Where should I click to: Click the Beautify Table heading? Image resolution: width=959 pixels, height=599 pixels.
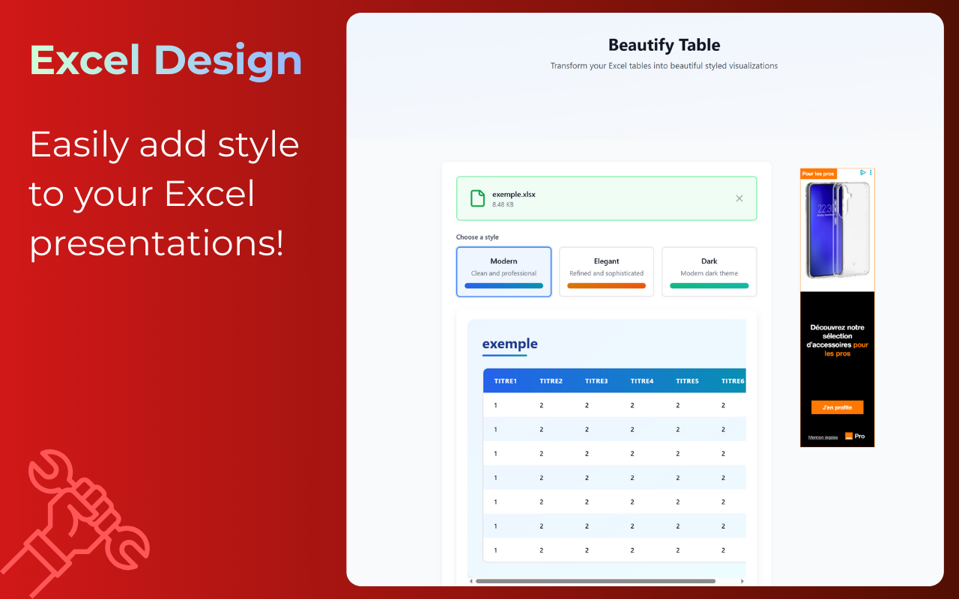pyautogui.click(x=664, y=45)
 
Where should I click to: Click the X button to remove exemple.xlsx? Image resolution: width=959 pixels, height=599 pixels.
pyautogui.click(x=739, y=198)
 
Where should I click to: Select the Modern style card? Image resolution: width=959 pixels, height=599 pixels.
pyautogui.click(x=503, y=272)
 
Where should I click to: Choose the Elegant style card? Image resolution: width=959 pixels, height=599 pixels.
pyautogui.click(x=606, y=272)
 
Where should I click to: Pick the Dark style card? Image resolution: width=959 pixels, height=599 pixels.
pyautogui.click(x=709, y=272)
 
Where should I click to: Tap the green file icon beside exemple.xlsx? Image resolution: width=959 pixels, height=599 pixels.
pyautogui.click(x=477, y=198)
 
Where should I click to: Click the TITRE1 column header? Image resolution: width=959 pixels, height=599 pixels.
pyautogui.click(x=505, y=381)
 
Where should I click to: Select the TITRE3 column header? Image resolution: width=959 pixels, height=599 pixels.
pyautogui.click(x=596, y=381)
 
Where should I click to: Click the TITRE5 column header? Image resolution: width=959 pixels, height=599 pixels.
pyautogui.click(x=687, y=381)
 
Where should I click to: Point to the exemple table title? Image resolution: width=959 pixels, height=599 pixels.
pyautogui.click(x=509, y=344)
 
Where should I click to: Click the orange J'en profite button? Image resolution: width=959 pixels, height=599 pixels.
pyautogui.click(x=837, y=407)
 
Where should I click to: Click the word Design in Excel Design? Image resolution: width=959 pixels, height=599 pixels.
pyautogui.click(x=228, y=61)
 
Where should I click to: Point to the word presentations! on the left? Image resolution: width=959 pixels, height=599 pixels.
pyautogui.click(x=157, y=243)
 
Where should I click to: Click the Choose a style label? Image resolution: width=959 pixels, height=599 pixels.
pyautogui.click(x=477, y=237)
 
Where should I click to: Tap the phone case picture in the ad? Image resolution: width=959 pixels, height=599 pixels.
pyautogui.click(x=837, y=230)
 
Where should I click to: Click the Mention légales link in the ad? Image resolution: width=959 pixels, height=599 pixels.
pyautogui.click(x=823, y=437)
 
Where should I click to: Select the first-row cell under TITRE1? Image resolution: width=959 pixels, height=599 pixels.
pyautogui.click(x=495, y=405)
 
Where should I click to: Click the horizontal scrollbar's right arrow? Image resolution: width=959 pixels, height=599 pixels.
pyautogui.click(x=742, y=581)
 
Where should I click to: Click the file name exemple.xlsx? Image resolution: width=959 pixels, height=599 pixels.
pyautogui.click(x=514, y=195)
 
